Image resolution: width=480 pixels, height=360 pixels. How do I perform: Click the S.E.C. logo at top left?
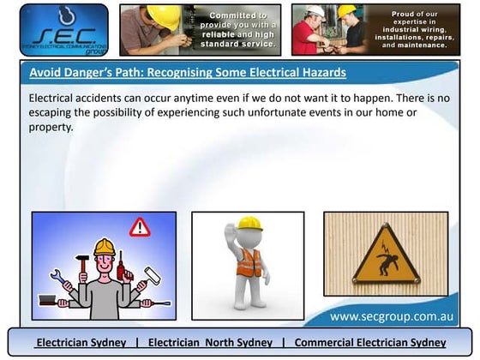[x=64, y=29]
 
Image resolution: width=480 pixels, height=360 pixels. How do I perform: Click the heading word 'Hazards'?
[x=318, y=73]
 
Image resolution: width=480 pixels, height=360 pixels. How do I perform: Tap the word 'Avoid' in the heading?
[x=45, y=73]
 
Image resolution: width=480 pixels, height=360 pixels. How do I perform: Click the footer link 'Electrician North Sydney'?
[x=210, y=343]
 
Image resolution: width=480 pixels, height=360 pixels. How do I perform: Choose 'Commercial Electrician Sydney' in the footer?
[x=370, y=343]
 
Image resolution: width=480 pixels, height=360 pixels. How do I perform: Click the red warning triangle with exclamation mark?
[x=139, y=227]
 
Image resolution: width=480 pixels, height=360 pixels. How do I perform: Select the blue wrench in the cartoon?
[x=58, y=277]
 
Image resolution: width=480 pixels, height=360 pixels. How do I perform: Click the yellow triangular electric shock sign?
[x=387, y=258]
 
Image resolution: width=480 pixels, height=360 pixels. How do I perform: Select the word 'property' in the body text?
[x=52, y=127]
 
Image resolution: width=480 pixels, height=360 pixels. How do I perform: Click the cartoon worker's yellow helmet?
[x=104, y=247]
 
